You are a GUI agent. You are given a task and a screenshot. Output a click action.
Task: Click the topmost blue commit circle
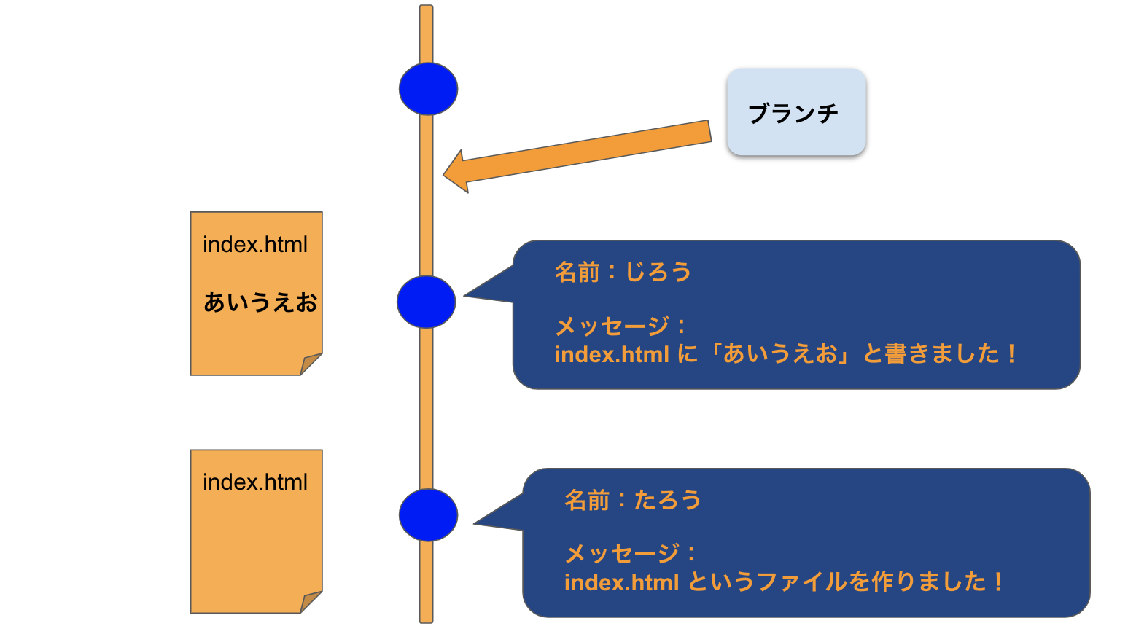428,89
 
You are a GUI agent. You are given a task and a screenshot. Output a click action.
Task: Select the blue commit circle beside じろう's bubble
426,302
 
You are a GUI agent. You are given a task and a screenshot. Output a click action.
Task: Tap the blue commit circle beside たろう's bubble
428,514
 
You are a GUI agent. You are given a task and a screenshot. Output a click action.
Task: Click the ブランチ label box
795,112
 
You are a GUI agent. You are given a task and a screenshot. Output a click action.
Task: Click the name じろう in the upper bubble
658,273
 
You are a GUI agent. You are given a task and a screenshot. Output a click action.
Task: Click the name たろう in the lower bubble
667,501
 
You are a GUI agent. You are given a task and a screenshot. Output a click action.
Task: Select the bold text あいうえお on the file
260,302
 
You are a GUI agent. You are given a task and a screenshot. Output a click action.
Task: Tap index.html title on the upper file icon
255,245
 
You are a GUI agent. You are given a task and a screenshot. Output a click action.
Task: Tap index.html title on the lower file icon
255,482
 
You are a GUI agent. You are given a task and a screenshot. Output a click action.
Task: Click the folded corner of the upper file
311,364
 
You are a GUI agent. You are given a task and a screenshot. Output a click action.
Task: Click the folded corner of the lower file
311,601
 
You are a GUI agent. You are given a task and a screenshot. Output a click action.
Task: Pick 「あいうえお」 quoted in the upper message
780,354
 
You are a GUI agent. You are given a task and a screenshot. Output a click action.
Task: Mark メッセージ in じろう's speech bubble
612,326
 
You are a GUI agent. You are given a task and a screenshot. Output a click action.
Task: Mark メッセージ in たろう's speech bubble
622,554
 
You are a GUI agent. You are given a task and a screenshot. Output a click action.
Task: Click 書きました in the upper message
941,354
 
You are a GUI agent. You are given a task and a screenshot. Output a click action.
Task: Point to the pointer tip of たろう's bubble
475,523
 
